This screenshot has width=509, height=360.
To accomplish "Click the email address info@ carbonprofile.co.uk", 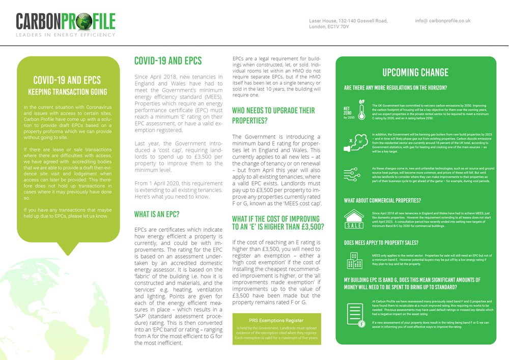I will pyautogui.click(x=443, y=21).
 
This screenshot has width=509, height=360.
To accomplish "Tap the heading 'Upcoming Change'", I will pyautogui.click(x=415, y=72).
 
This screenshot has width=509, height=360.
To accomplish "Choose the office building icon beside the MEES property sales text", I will pyautogui.click(x=354, y=259).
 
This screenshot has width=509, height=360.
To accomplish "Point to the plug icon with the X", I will pyautogui.click(x=354, y=140).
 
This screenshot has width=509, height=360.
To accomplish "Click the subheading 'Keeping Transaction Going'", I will pyautogui.click(x=67, y=92).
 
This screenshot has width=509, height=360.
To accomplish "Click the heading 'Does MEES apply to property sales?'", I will pyautogui.click(x=381, y=242).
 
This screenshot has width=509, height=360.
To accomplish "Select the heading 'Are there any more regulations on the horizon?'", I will pyautogui.click(x=395, y=88).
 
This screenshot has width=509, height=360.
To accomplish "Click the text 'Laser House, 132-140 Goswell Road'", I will pyautogui.click(x=348, y=21).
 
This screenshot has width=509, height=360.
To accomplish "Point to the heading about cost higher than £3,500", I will pyautogui.click(x=277, y=223).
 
